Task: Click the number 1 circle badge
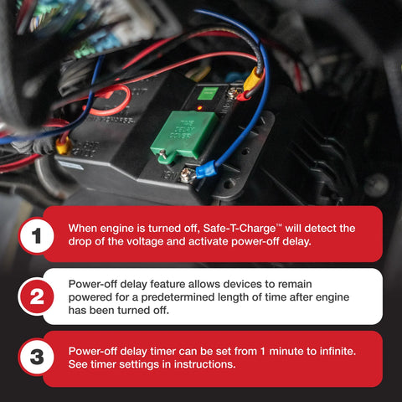[36, 235]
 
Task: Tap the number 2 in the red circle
[36, 296]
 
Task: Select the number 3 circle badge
[36, 357]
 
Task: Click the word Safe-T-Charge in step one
[240, 229]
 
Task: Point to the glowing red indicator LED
[199, 107]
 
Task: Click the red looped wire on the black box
[111, 100]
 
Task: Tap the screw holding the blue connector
[186, 174]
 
